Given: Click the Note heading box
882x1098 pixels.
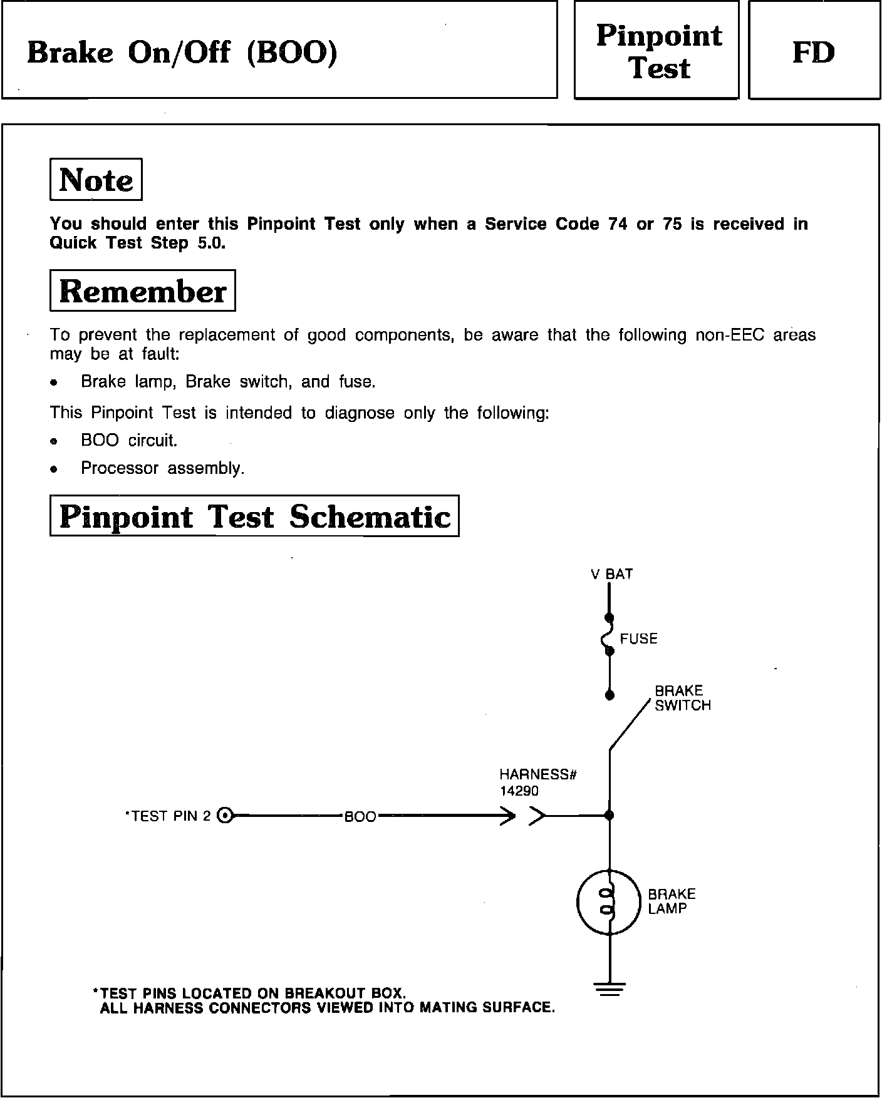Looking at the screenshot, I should [x=96, y=180].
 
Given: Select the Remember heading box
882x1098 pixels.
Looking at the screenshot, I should [x=142, y=291].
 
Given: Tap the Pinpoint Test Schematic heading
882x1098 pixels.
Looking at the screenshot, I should [x=254, y=516].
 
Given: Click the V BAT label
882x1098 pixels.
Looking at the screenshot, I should [x=611, y=574].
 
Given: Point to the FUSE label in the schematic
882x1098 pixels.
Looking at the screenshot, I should [x=639, y=639].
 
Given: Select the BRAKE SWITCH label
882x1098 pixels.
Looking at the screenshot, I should [x=682, y=698].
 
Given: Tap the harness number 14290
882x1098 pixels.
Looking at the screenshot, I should [x=519, y=791].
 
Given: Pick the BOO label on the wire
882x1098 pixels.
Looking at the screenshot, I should [x=360, y=817].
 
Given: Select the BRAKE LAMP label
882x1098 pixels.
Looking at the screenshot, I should [x=672, y=901].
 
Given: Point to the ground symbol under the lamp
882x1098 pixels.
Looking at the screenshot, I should [x=609, y=990].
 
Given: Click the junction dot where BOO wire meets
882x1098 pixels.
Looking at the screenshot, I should [x=610, y=815].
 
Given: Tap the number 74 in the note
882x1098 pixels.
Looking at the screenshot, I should [x=618, y=224].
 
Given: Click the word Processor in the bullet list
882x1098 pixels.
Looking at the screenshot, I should [x=120, y=468].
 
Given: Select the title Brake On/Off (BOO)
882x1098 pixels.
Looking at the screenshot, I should [x=182, y=53].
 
